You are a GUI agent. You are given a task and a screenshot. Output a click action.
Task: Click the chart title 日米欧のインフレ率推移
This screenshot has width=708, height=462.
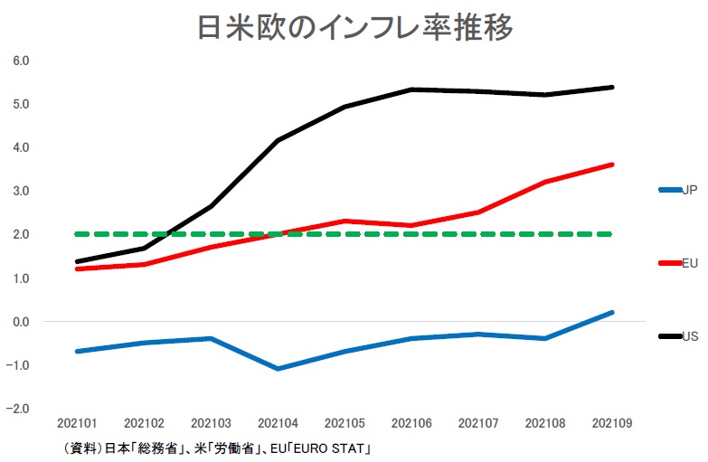(354, 28)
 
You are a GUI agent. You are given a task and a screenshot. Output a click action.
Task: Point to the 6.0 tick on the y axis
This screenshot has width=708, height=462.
(21, 61)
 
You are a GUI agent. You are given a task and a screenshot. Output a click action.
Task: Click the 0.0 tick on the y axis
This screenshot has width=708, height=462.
(21, 322)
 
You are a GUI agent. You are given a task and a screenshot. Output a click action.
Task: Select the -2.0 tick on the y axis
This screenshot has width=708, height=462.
(19, 409)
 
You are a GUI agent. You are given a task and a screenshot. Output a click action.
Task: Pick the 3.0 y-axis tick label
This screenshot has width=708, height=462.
(21, 191)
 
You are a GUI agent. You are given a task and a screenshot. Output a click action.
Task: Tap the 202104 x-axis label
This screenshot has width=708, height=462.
(277, 422)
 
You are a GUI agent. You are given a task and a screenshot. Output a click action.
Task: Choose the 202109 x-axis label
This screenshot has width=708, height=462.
(612, 422)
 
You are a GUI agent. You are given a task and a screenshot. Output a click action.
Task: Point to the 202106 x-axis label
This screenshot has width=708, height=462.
(411, 422)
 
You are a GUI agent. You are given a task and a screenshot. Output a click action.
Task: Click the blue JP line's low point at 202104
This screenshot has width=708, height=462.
(277, 369)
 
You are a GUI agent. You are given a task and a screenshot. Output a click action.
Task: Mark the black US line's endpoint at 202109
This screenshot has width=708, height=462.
(612, 87)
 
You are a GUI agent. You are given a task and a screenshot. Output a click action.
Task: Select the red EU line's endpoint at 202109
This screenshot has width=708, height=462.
(612, 165)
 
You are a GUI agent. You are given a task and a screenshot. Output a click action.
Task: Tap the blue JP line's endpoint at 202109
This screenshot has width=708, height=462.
(612, 313)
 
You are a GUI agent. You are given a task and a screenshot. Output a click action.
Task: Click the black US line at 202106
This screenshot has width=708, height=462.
(411, 90)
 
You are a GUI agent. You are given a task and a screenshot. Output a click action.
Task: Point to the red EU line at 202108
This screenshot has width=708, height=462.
(545, 182)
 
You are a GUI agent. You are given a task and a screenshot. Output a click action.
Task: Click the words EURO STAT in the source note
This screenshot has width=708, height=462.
(335, 448)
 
